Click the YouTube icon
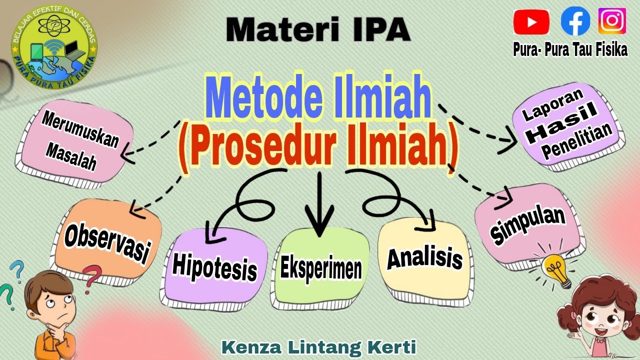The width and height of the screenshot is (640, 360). pyautogui.click(x=531, y=22)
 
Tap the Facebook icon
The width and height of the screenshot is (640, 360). pyautogui.click(x=575, y=21)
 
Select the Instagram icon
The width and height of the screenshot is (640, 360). pyautogui.click(x=612, y=21)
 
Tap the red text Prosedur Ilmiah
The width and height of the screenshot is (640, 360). pyautogui.click(x=318, y=145)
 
